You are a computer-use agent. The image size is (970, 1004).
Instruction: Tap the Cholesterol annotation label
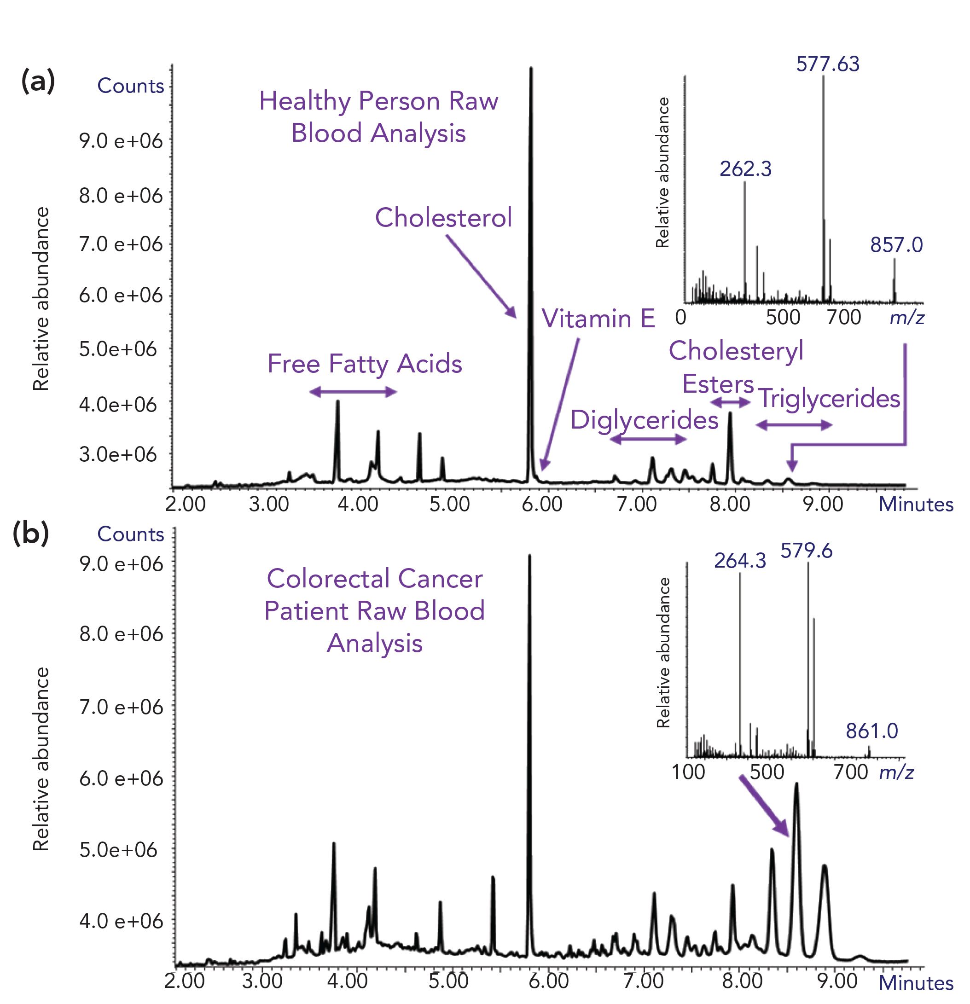coord(443,217)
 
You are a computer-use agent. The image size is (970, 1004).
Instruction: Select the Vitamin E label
coord(598,319)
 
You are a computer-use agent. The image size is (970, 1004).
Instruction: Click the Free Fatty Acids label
coord(364,364)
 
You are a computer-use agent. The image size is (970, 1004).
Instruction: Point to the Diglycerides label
coord(644,420)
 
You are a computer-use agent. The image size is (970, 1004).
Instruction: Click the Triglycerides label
coord(829,399)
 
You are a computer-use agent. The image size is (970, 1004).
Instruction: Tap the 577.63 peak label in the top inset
coord(828,64)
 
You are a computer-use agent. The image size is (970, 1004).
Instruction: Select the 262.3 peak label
coord(745,169)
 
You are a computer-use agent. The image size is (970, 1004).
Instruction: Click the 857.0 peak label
coord(896,245)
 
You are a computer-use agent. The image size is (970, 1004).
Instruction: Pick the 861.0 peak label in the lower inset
coord(871,731)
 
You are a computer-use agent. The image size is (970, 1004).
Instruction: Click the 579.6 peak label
coord(806,551)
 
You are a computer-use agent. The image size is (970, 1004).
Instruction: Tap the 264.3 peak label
coord(740,561)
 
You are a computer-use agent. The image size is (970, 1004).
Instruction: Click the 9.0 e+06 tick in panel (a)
coord(121,140)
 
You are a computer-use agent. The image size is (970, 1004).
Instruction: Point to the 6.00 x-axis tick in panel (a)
coord(541,504)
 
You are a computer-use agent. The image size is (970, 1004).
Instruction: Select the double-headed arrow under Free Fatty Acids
coord(353,392)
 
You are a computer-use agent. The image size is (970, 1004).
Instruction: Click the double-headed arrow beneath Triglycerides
coord(794,424)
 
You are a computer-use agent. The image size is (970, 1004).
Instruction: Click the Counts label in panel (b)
coord(131,534)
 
